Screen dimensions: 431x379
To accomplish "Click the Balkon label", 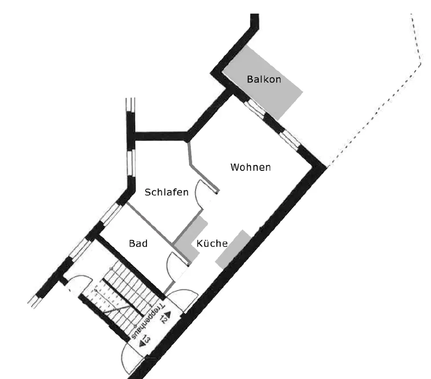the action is click(x=264, y=79).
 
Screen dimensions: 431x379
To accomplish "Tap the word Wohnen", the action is click(x=250, y=167).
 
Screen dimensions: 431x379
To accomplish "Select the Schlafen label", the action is click(x=166, y=192).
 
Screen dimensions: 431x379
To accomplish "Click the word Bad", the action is click(x=138, y=244).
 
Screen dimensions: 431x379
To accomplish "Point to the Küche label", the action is click(x=212, y=244).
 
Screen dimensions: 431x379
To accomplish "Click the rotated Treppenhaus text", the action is click(x=146, y=319).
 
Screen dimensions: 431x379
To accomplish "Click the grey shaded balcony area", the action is click(x=263, y=82).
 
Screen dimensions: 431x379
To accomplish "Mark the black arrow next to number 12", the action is click(x=167, y=314).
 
